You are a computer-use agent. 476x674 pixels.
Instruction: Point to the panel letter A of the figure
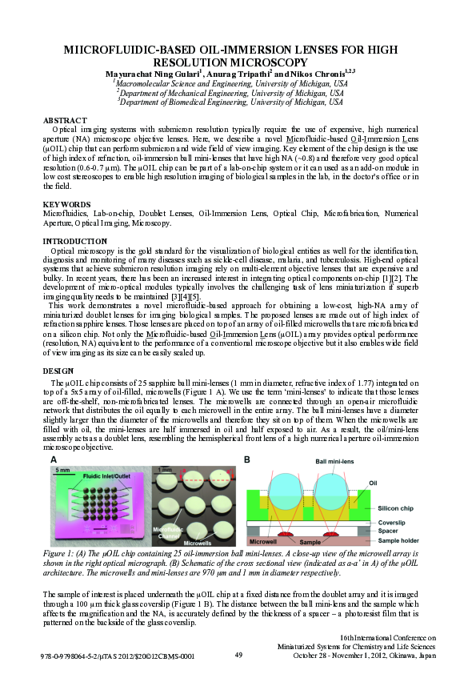point(54,459)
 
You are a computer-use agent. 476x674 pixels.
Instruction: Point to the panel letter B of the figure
point(247,459)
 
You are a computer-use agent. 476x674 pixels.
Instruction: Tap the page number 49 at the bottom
point(238,656)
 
